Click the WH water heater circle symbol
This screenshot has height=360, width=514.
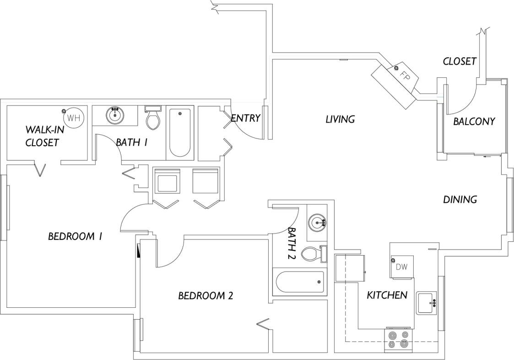pyautogui.click(x=74, y=118)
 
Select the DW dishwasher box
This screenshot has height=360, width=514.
pyautogui.click(x=401, y=267)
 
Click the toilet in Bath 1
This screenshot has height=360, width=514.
pyautogui.click(x=153, y=118)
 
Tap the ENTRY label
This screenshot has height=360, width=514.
pyautogui.click(x=246, y=118)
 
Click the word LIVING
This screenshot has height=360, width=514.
pyautogui.click(x=340, y=120)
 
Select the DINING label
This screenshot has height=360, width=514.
pyautogui.click(x=460, y=200)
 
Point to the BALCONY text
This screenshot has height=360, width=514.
pyautogui.click(x=474, y=122)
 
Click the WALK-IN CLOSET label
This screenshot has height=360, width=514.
pyautogui.click(x=44, y=136)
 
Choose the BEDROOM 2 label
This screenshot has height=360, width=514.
pyautogui.click(x=206, y=296)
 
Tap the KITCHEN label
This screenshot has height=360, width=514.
pyautogui.click(x=387, y=295)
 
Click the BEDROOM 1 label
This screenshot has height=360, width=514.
pyautogui.click(x=75, y=236)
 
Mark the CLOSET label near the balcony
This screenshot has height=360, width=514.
pyautogui.click(x=460, y=61)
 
